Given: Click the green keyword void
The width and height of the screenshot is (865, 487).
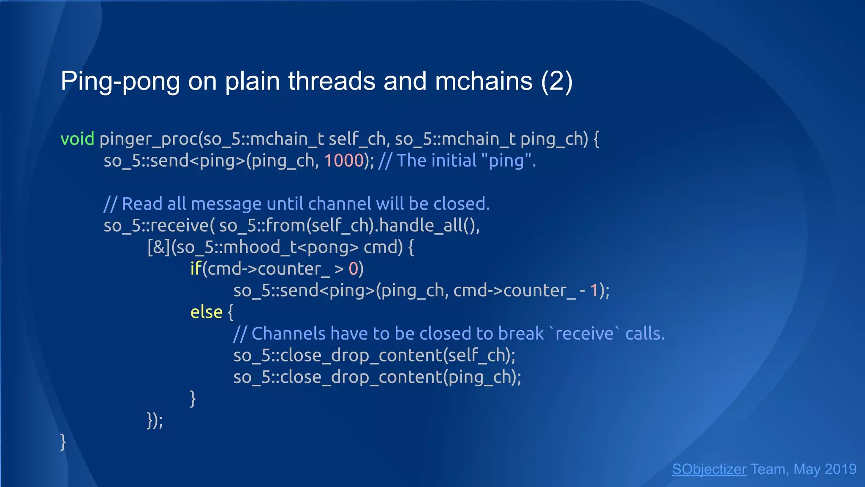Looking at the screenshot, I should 77,139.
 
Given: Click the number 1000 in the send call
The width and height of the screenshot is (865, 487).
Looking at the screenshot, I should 344,161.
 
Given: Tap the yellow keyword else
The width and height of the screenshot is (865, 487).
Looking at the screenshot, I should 206,312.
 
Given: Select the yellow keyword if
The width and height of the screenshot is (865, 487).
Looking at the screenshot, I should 196,269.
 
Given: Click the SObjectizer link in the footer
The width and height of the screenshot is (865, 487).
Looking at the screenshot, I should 709,469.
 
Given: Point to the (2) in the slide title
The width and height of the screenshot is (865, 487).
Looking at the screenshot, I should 557,81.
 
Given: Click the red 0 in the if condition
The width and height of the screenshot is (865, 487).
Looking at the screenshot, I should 354,269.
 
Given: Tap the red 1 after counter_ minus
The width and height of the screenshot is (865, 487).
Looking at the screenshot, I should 594,290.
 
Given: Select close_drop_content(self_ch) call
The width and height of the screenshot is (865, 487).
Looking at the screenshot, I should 374,356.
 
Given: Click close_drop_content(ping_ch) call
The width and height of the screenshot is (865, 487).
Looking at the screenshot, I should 377,377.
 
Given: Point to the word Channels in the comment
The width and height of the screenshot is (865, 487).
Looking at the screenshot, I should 288,334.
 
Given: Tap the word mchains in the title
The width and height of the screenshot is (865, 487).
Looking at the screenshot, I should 484,81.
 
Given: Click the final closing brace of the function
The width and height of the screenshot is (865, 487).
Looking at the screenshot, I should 63,442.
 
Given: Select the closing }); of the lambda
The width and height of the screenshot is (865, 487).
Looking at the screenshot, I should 155,420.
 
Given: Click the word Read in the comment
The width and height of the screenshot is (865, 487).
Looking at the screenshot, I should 142,204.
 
